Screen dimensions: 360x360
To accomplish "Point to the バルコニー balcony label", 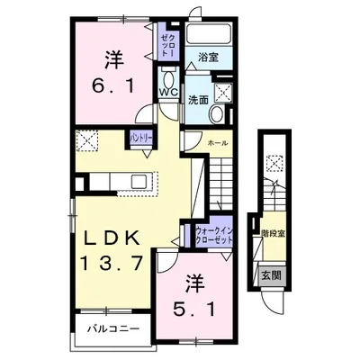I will coord(113,329).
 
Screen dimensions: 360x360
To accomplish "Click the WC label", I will coord(168,92).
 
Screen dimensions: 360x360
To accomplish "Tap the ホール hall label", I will coord(217,143).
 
